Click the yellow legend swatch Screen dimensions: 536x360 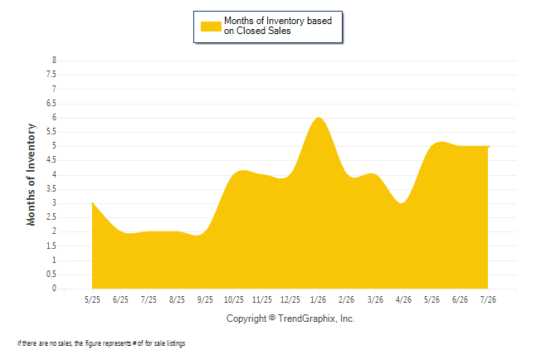tap(211, 27)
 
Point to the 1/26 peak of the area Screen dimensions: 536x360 tap(319, 118)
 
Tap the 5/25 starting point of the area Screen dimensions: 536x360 tap(92, 203)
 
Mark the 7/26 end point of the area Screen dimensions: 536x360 tap(488, 147)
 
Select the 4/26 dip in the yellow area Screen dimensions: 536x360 tap(402, 202)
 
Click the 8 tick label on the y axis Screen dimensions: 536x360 tap(54, 61)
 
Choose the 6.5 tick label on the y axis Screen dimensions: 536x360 tap(51, 103)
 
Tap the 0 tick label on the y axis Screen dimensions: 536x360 tap(54, 288)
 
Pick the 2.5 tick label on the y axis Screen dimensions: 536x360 tap(51, 217)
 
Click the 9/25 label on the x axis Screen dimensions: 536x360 tap(205, 299)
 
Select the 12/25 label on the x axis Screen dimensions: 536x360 tap(290, 299)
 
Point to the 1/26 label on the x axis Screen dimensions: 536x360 tap(318, 299)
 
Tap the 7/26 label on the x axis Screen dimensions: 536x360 tap(488, 299)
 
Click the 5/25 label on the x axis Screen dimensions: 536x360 tap(92, 299)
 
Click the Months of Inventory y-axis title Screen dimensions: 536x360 tap(31, 175)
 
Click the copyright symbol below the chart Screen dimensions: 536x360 tap(272, 318)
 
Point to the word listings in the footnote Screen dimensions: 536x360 tap(176, 343)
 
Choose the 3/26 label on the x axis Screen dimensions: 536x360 tap(375, 299)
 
